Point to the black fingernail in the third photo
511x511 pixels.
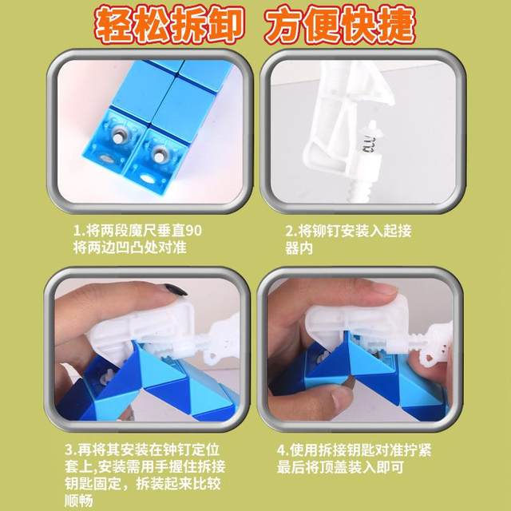[176, 290]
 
